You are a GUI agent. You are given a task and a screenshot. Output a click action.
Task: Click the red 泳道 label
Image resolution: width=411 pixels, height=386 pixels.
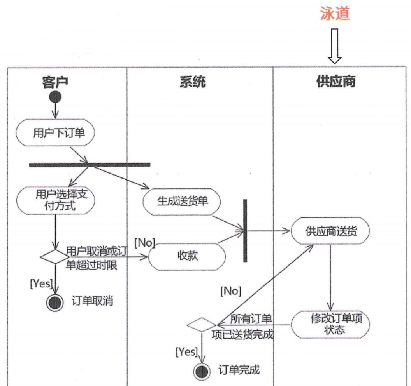[335, 13]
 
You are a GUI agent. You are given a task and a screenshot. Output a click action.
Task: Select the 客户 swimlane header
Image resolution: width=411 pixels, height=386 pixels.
[55, 82]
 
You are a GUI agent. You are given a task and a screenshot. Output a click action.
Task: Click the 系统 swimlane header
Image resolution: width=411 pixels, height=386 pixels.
[193, 82]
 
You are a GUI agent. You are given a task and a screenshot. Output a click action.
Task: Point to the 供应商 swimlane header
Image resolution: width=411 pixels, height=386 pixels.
[336, 82]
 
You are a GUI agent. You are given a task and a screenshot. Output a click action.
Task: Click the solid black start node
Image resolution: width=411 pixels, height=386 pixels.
[55, 97]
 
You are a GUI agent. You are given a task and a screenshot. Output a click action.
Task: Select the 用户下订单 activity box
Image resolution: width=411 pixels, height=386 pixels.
[55, 133]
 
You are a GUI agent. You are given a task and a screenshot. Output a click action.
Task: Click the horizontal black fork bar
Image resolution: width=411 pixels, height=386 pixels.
[90, 165]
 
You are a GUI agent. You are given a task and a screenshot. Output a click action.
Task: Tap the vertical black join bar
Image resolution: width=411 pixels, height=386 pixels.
[245, 231]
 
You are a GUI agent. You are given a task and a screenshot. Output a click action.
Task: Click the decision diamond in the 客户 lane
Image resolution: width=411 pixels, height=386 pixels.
[55, 257]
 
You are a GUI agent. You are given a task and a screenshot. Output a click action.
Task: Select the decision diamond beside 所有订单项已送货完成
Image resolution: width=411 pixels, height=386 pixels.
[201, 324]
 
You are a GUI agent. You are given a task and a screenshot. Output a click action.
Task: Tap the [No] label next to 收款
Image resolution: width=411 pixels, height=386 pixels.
[144, 243]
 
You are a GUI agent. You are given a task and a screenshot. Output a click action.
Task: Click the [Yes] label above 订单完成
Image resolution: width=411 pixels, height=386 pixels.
[186, 352]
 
